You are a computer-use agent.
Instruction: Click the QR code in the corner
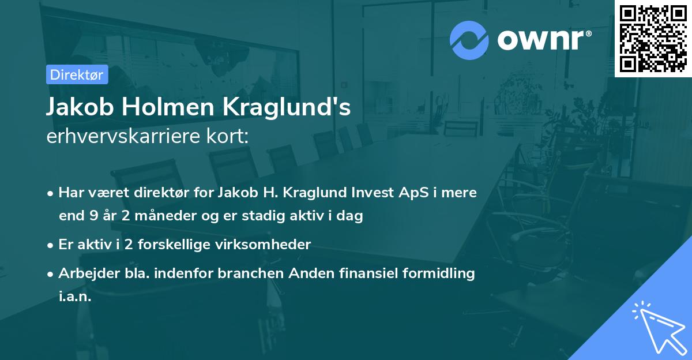tap(653, 38)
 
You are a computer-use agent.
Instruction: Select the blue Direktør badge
tap(77, 74)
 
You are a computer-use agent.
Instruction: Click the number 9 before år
tap(92, 216)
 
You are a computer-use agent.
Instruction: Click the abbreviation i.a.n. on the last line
tap(75, 297)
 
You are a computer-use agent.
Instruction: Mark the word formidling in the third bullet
tap(438, 273)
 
